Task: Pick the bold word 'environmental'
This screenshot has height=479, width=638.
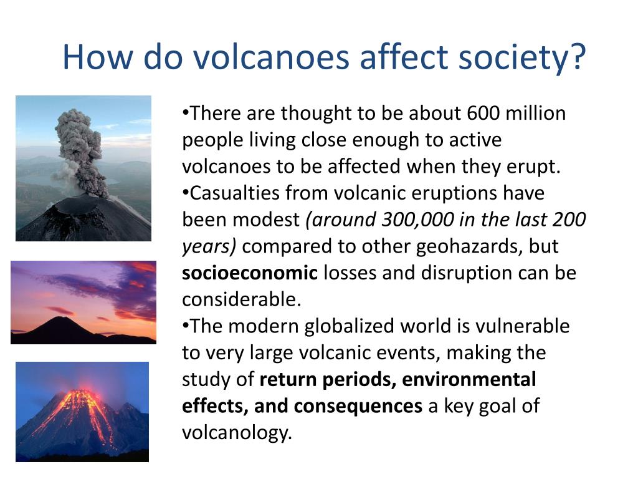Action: (x=469, y=379)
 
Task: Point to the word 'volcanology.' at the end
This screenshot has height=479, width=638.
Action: (x=237, y=433)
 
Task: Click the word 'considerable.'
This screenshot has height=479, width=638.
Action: (x=241, y=299)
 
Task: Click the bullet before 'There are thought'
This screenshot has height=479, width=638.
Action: (x=186, y=113)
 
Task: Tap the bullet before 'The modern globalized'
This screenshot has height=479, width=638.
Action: (x=186, y=326)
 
